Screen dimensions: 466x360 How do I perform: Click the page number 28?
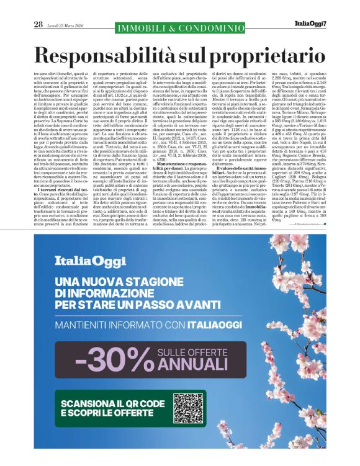(x=38, y=24)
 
